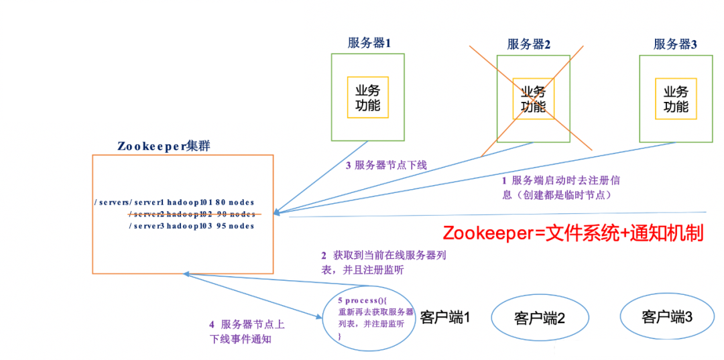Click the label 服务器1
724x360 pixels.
369,43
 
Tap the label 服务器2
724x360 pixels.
528,44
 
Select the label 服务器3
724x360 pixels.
675,44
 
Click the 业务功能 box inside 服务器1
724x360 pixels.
368,98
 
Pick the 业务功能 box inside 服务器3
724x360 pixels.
676,99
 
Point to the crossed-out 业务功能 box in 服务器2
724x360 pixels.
534,99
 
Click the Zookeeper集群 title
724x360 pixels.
164,146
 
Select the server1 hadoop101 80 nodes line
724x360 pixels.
175,202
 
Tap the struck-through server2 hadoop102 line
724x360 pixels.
192,214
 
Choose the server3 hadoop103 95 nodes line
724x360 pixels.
192,226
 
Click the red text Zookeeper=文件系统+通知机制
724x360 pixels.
572,233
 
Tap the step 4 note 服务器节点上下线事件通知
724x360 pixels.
247,332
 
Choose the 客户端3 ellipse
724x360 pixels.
666,316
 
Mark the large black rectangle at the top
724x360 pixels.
153,62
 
